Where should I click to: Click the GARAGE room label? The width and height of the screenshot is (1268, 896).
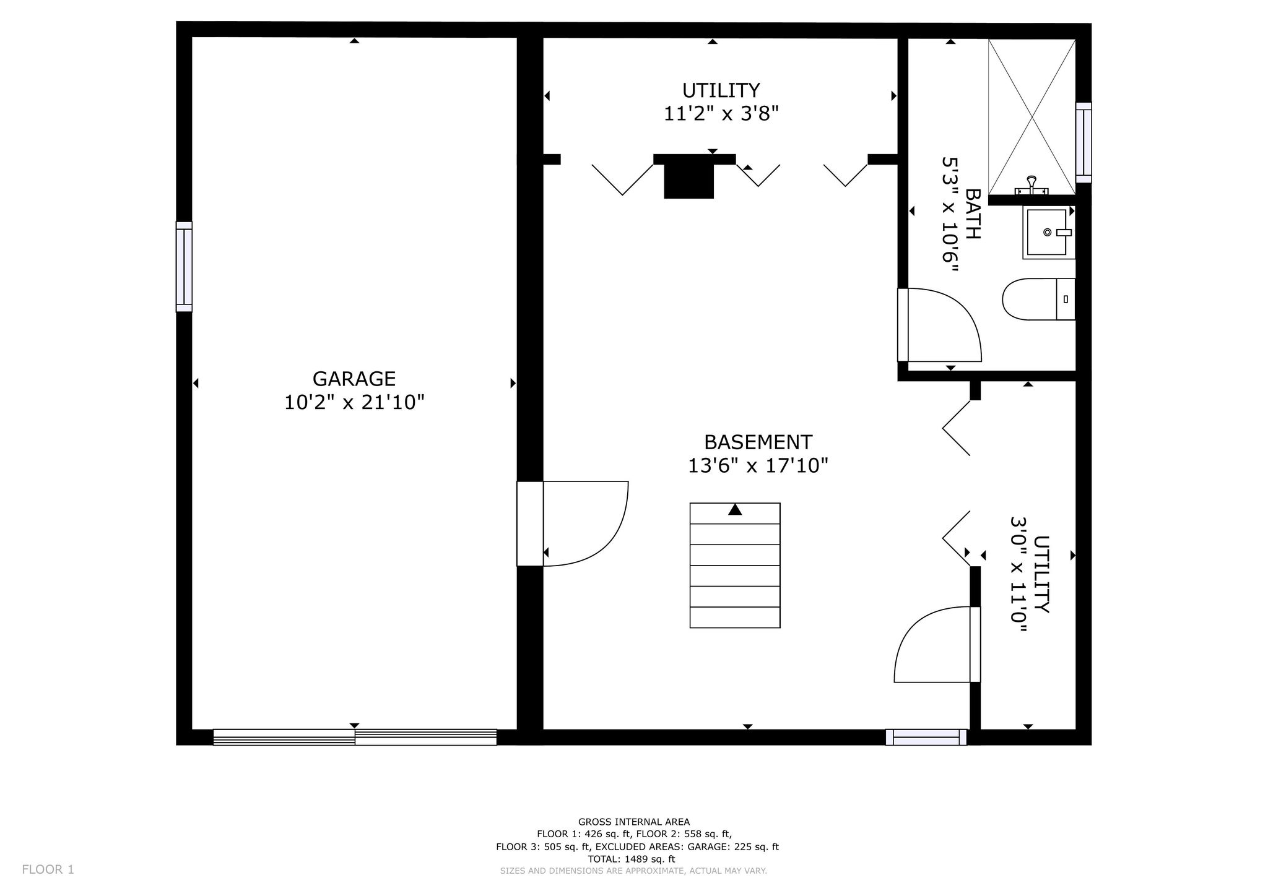point(354,379)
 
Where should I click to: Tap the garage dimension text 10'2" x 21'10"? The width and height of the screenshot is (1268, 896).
point(354,403)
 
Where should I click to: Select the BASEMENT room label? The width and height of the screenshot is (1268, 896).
point(758,442)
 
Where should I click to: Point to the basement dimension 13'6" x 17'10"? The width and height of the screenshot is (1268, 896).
point(758,465)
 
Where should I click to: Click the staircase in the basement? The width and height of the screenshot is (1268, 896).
point(735,566)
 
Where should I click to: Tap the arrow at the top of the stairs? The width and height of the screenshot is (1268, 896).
point(735,509)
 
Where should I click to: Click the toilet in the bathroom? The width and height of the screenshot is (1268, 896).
point(1039,299)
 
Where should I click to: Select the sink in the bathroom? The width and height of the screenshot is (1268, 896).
point(1048,233)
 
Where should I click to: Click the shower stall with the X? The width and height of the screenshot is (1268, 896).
point(1031,117)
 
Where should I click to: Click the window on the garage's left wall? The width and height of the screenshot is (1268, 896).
point(184,267)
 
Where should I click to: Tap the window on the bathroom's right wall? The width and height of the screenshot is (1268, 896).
point(1083,142)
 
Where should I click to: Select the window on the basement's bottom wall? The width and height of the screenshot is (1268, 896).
point(926,737)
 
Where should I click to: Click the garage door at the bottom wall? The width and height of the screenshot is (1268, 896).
point(355,737)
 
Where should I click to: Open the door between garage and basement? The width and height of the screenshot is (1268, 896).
point(573,523)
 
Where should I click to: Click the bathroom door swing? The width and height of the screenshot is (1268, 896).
point(940,325)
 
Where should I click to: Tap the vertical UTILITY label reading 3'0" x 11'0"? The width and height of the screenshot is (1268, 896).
point(1030,575)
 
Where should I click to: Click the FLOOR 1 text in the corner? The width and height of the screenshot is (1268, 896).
point(48,869)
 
